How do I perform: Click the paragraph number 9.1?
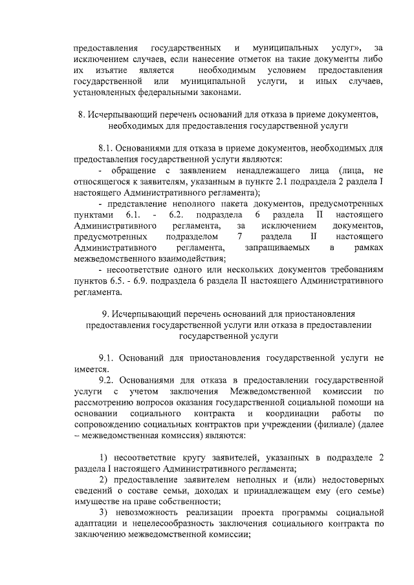coord(107,357)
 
